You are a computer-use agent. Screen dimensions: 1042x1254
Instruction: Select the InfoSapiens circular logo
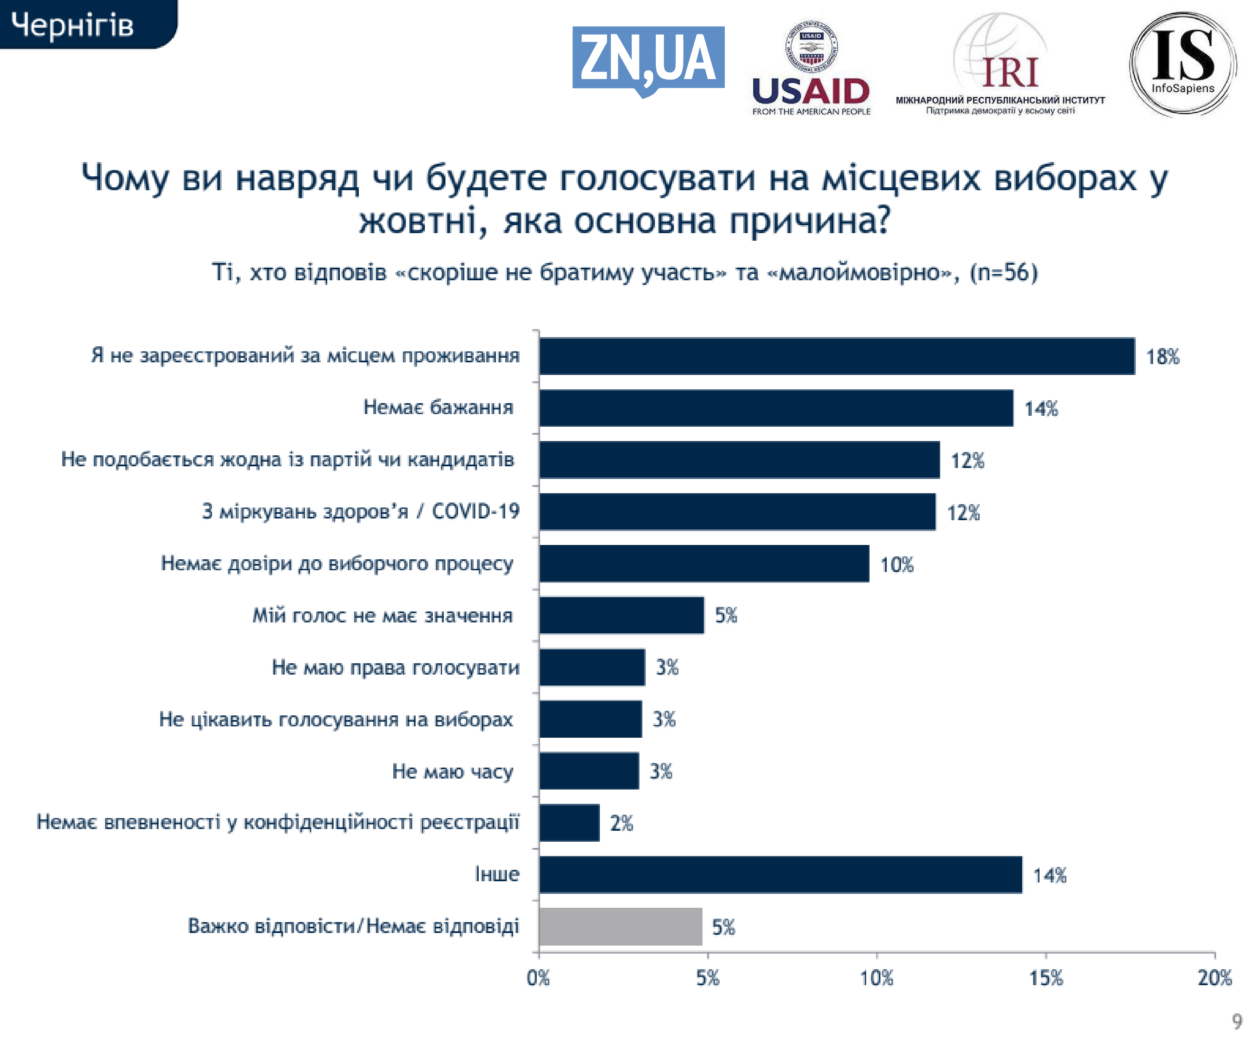[1182, 64]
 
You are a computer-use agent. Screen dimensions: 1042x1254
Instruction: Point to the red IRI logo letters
[1010, 73]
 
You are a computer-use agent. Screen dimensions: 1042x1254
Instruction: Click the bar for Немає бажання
[776, 409]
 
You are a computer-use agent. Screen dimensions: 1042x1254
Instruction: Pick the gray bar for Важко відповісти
[620, 927]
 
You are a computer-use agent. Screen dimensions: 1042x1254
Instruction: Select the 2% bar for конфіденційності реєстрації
[569, 823]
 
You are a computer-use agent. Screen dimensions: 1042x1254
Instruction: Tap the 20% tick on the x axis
[1214, 978]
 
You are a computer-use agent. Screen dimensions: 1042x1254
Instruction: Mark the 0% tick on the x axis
[538, 978]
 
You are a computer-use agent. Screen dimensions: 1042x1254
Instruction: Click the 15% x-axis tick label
[1046, 978]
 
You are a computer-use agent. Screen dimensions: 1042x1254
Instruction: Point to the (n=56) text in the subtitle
[1003, 272]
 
